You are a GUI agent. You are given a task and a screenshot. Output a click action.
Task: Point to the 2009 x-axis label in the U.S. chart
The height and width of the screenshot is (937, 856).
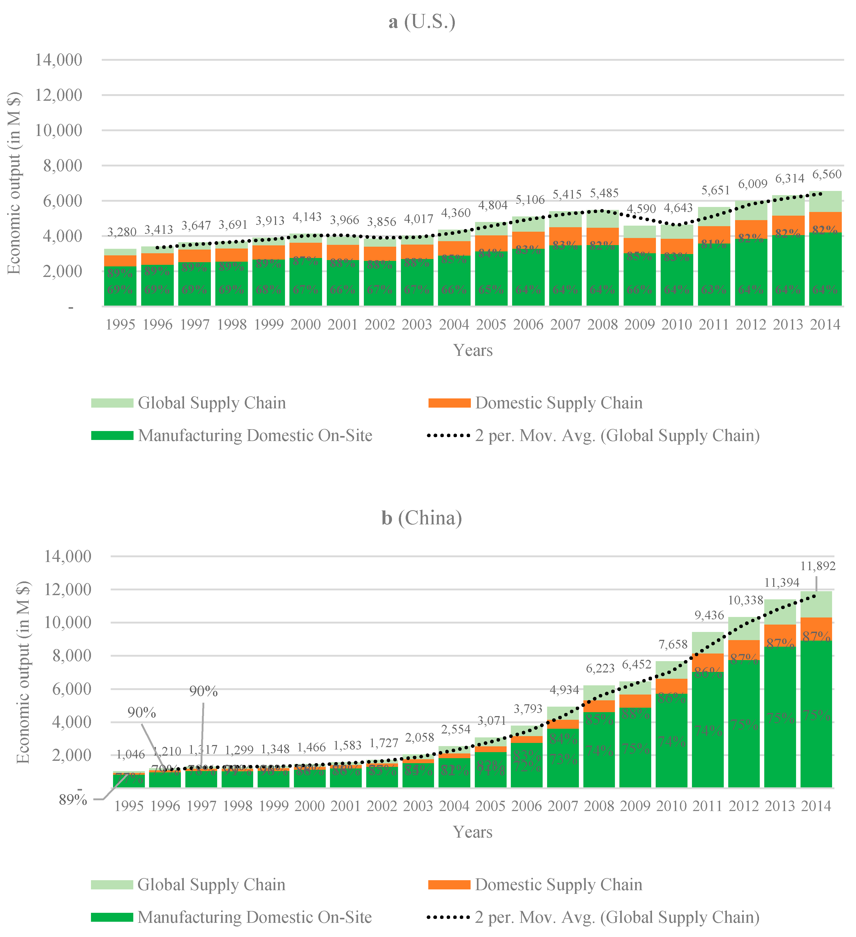click(639, 325)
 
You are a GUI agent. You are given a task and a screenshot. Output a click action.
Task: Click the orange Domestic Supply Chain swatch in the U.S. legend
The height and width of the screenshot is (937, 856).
click(449, 403)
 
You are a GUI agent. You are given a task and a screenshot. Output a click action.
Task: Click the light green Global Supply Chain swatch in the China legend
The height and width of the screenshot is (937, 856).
click(112, 884)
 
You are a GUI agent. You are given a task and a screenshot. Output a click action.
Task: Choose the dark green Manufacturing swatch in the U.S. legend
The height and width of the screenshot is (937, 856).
click(112, 435)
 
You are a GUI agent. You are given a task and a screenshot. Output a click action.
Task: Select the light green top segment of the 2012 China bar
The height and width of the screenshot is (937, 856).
click(743, 628)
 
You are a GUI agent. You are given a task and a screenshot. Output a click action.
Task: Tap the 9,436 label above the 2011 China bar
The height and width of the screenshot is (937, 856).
click(709, 615)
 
